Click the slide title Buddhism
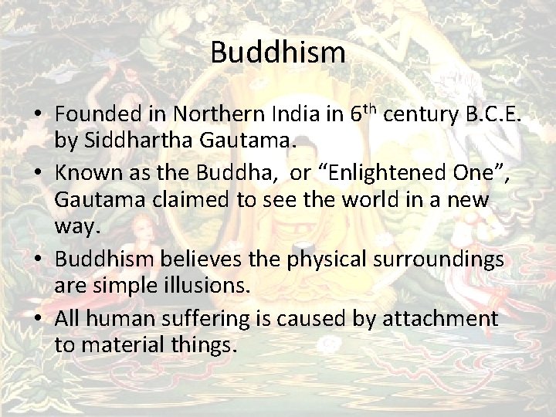tap(277, 53)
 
